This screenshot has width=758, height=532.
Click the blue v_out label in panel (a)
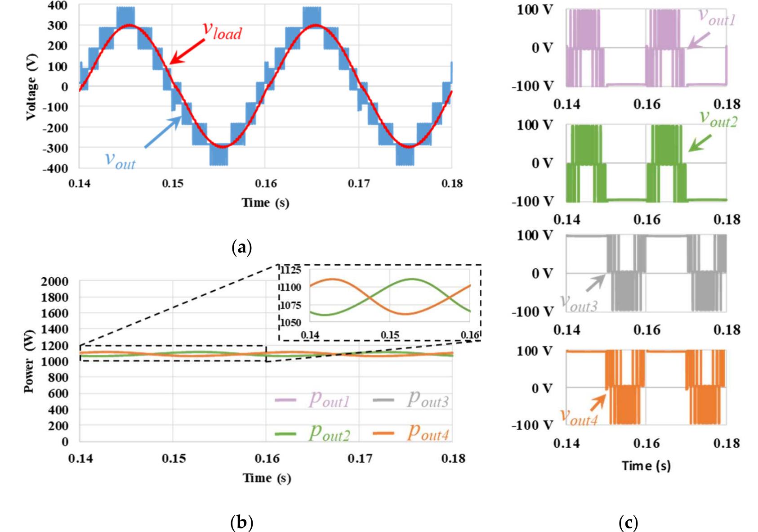click(120, 160)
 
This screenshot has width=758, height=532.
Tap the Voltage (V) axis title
click(31, 87)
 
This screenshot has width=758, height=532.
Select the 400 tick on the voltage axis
click(58, 5)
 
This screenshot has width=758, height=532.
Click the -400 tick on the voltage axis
click(55, 168)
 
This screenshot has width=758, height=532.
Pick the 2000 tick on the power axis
click(55, 282)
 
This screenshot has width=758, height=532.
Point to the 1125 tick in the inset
click(291, 270)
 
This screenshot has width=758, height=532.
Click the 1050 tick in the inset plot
click(291, 323)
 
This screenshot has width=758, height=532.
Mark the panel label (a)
click(241, 247)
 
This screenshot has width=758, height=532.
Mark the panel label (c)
click(628, 523)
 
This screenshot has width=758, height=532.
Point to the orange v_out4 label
click(579, 417)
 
